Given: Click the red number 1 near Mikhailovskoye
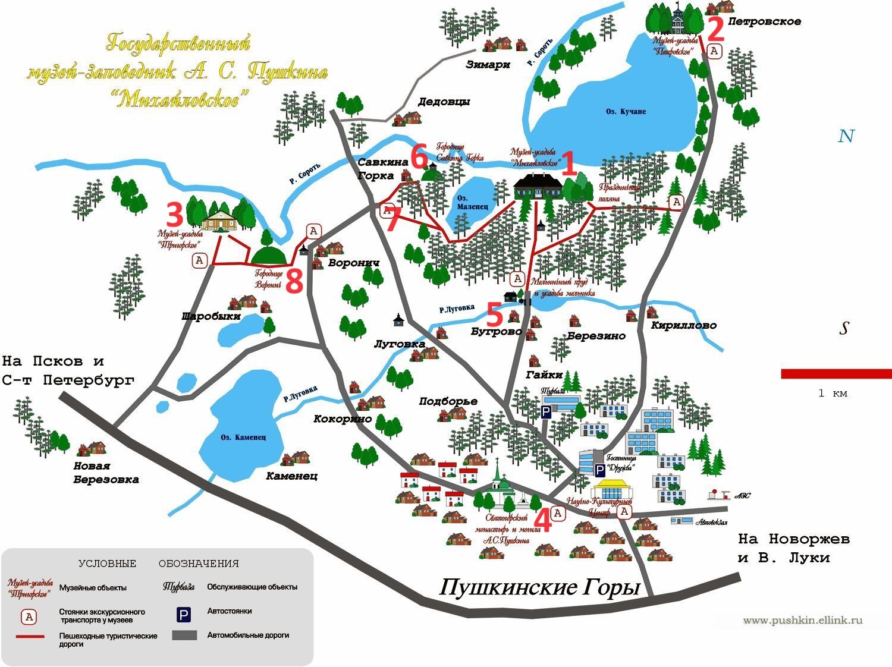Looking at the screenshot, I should [569, 163].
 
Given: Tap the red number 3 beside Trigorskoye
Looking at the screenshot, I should [174, 215].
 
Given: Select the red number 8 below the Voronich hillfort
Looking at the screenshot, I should [294, 281].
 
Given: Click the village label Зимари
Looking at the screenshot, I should [488, 64].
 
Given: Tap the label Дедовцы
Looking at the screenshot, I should [444, 102].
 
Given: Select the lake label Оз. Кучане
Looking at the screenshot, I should [626, 112].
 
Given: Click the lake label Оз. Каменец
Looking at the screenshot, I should [243, 438].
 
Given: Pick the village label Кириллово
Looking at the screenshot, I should [683, 325].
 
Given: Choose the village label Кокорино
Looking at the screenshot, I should [343, 419].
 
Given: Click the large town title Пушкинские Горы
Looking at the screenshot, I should [539, 587].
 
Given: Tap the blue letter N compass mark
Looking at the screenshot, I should [846, 136].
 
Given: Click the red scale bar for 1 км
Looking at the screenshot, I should [836, 374].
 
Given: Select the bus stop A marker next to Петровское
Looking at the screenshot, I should [714, 51].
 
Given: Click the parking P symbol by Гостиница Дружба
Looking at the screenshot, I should [600, 470].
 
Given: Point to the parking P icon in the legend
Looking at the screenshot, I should [184, 615].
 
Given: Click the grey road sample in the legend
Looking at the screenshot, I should [184, 635].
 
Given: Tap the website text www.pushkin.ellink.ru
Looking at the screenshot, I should [802, 621].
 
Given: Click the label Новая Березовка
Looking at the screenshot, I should [106, 473].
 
